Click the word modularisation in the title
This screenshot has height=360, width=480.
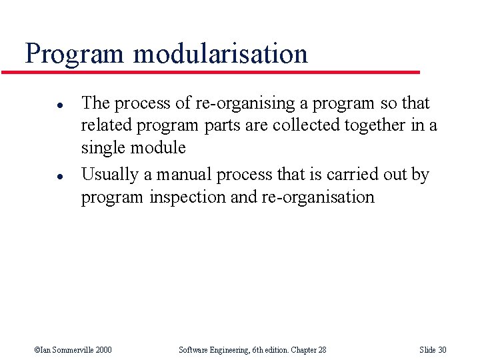[221, 53]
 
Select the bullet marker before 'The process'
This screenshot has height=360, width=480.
[41, 105]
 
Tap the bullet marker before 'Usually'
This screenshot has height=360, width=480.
[41, 176]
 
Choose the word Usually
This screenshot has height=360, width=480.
[110, 175]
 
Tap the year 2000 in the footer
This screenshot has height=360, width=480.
[104, 350]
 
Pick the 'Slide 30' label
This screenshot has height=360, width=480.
[433, 350]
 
